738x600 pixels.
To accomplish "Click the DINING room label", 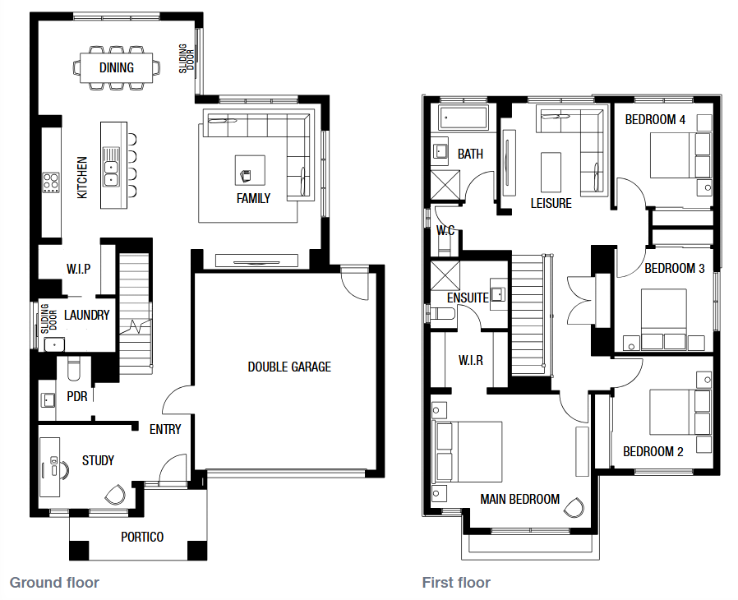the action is point(116,67).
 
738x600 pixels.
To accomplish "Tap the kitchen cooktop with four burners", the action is point(51,182).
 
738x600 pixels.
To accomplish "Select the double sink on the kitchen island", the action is point(111,173).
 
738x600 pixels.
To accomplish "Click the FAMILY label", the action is point(253,198).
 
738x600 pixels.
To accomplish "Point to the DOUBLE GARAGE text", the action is point(289,367).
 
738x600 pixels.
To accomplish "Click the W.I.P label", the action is point(78,269).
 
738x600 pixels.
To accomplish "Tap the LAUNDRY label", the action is point(86,315).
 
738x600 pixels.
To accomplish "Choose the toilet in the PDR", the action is point(74,369).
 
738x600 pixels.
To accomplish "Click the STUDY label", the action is point(98,460).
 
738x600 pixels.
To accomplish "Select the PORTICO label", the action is point(142,537).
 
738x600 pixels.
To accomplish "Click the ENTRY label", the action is point(165,429).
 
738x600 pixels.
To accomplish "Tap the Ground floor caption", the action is point(54,583).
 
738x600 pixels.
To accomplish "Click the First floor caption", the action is point(456,583).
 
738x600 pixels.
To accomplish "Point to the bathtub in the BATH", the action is point(464,118).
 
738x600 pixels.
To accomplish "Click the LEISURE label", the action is point(551,203).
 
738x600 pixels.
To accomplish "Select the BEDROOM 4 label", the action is point(655,119).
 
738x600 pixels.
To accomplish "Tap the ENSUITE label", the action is point(468,298).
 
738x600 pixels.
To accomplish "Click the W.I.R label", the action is point(471,361).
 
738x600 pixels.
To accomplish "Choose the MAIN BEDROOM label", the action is point(519,499).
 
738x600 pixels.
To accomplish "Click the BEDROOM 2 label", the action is point(653,452).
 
